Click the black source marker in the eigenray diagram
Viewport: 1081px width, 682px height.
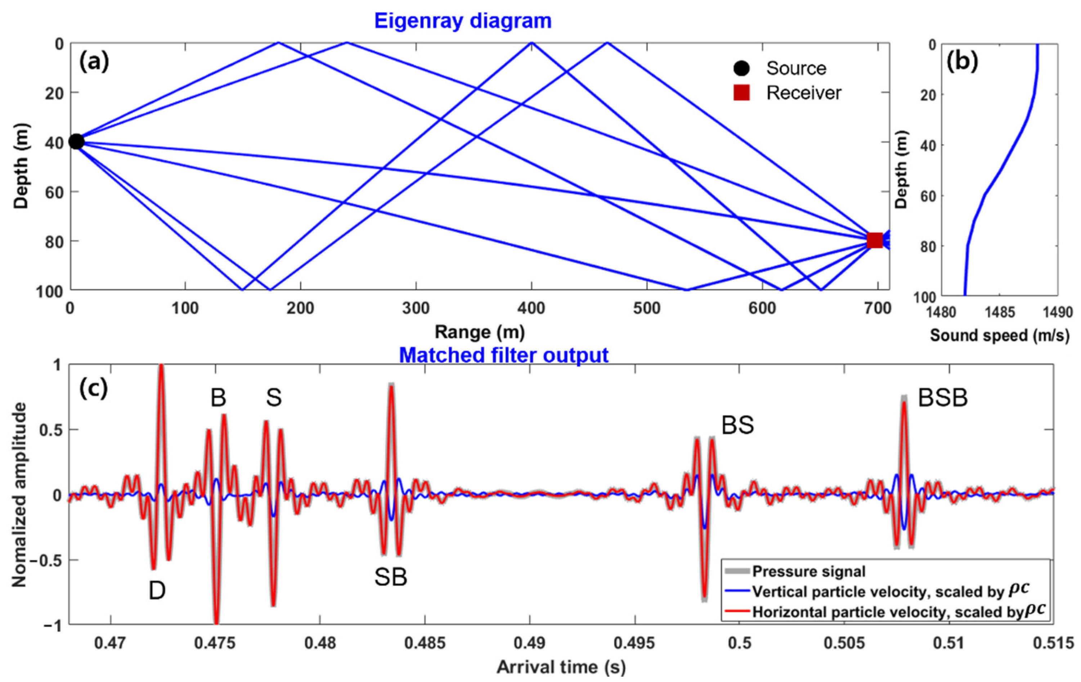[x=76, y=142]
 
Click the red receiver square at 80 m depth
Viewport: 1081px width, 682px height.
[x=875, y=240]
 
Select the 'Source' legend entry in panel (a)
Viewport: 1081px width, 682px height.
[x=795, y=68]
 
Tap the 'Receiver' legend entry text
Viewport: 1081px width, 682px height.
[x=804, y=93]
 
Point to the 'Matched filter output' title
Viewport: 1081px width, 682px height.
[x=504, y=355]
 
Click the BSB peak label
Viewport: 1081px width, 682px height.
[x=942, y=398]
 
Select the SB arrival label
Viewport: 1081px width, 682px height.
[x=391, y=578]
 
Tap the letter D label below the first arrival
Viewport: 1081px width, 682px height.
[x=157, y=591]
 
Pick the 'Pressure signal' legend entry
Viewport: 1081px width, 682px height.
[x=808, y=572]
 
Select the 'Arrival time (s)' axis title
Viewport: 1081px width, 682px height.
[x=561, y=667]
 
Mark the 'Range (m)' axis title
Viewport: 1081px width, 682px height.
[x=479, y=333]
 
